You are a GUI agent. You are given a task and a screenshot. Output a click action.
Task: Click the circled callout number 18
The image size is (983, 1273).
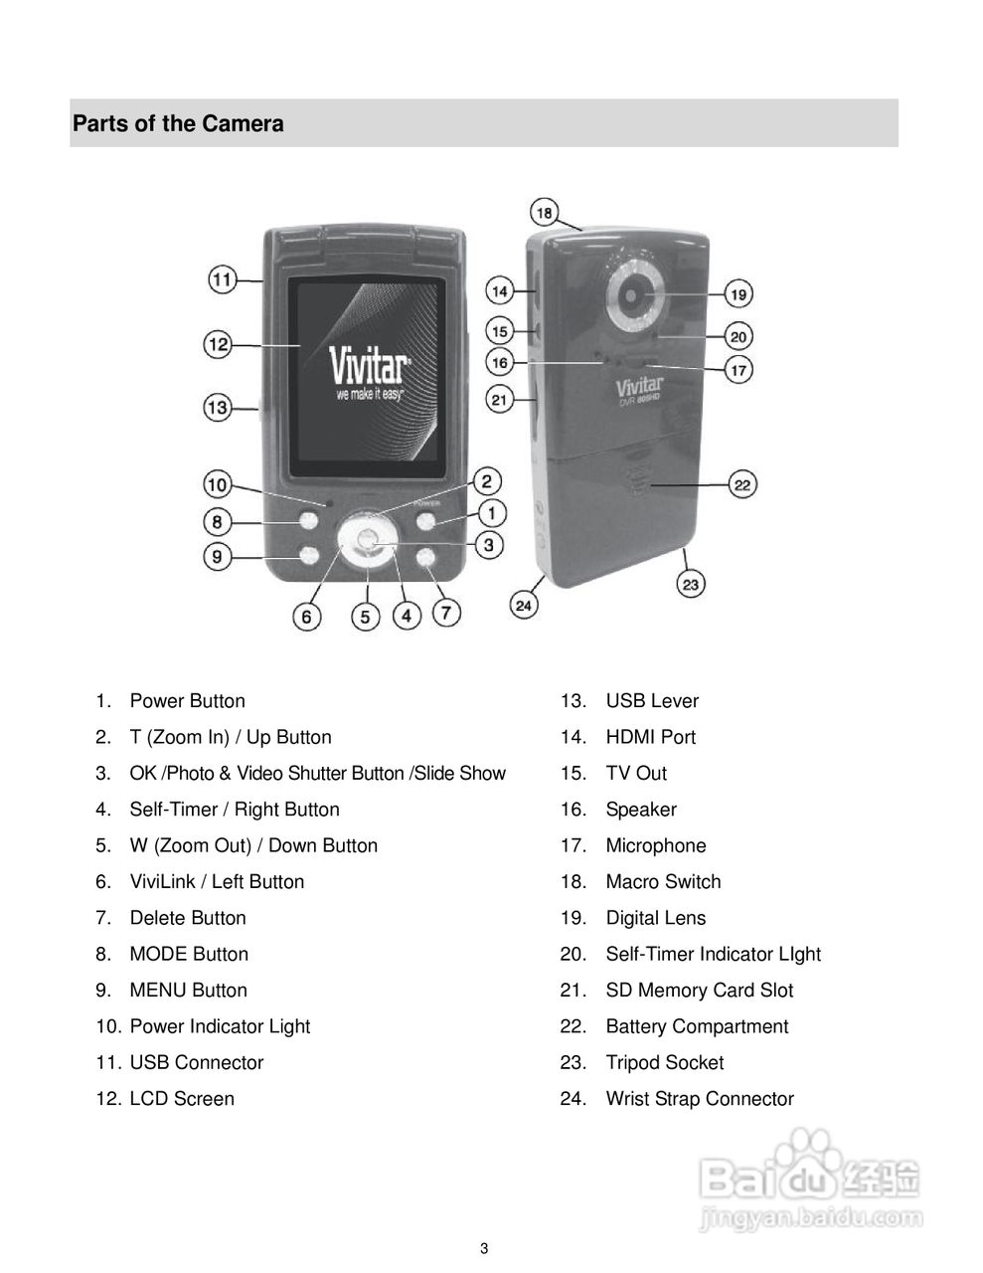click(545, 212)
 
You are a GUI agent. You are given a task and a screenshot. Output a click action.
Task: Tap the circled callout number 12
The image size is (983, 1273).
click(219, 345)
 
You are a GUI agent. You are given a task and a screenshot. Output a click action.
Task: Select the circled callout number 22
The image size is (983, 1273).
click(742, 484)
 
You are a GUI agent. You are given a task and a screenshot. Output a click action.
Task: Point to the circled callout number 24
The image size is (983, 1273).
click(524, 604)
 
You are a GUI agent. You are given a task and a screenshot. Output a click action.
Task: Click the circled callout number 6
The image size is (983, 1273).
click(306, 618)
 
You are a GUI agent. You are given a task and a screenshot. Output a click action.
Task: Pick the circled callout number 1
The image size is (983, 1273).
click(491, 513)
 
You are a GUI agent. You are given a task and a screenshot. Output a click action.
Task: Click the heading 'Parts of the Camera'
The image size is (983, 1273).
click(179, 124)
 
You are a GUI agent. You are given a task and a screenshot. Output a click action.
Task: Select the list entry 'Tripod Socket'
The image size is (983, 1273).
click(664, 1062)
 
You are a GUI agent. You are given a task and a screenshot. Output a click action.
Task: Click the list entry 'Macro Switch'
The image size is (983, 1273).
click(663, 881)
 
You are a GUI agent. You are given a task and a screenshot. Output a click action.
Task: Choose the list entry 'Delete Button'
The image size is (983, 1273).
click(188, 918)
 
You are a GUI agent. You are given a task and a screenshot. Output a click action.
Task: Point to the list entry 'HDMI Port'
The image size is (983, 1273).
click(650, 737)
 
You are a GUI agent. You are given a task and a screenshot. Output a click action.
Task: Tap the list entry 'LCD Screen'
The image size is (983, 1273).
click(182, 1099)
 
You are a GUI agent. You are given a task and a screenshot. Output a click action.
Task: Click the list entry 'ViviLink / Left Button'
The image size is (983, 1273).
click(217, 881)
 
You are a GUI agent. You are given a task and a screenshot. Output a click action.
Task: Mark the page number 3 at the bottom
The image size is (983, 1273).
click(484, 1249)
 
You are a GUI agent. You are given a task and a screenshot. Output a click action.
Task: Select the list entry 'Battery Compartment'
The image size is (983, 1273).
click(697, 1026)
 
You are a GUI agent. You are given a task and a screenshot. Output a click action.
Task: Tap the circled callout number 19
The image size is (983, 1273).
click(738, 294)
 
